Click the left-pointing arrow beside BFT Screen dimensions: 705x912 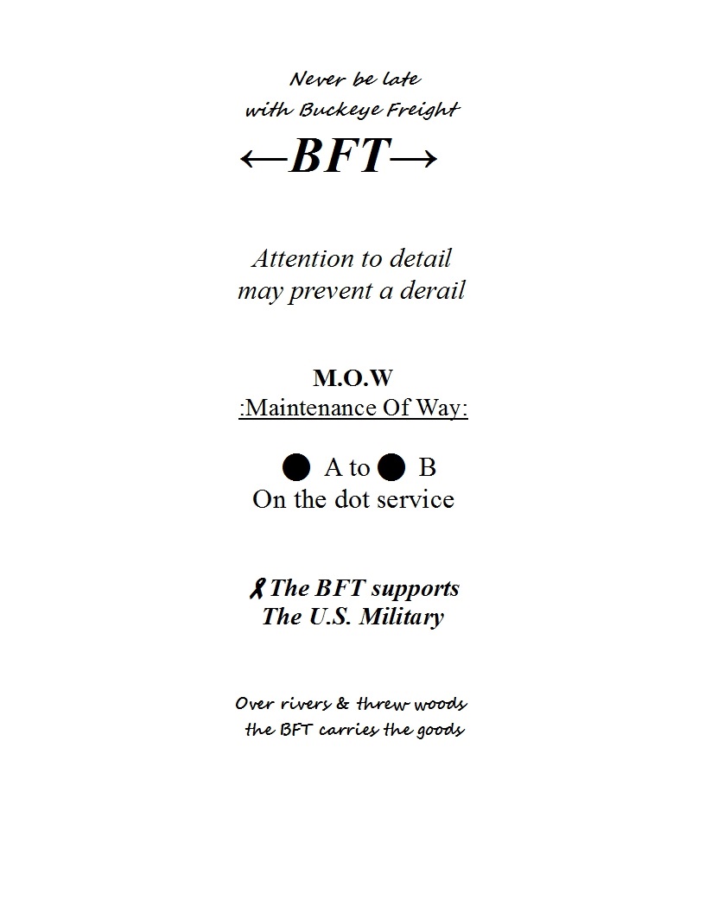(264, 158)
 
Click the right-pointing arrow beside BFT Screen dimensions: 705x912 (414, 158)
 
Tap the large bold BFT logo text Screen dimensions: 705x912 (340, 155)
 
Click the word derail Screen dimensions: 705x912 (432, 290)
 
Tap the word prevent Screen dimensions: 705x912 (331, 292)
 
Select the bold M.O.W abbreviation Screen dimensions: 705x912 (353, 378)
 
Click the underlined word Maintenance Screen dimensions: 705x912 (311, 408)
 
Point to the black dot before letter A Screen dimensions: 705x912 (296, 467)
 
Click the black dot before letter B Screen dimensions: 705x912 (391, 467)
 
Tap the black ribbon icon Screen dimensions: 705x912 (257, 589)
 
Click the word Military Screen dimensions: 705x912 (402, 617)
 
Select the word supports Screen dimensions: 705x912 (416, 590)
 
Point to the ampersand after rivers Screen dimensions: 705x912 (343, 704)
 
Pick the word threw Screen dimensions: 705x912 (382, 704)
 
